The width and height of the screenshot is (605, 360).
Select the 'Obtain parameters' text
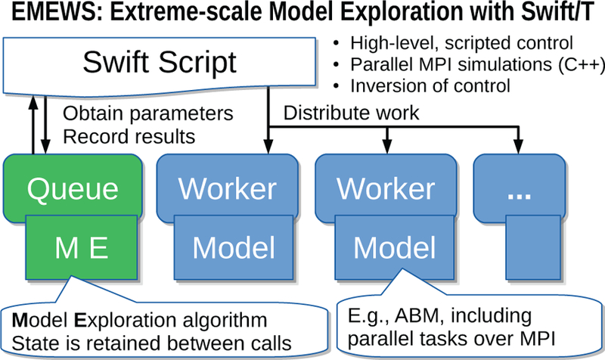pyautogui.click(x=144, y=114)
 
